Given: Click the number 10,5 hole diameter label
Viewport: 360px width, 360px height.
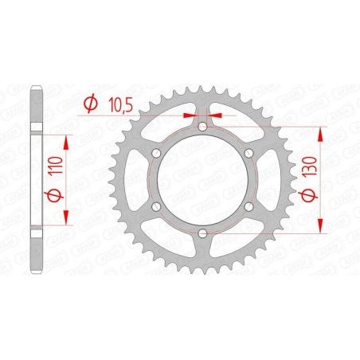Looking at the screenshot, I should pyautogui.click(x=115, y=103).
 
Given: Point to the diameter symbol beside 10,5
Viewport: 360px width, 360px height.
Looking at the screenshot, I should pyautogui.click(x=90, y=103).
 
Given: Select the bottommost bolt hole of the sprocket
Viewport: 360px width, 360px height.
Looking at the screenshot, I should pyautogui.click(x=202, y=233).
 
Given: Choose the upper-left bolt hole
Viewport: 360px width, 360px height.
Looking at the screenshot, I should pyautogui.click(x=157, y=154).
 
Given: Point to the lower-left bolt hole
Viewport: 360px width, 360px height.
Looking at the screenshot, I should pyautogui.click(x=157, y=206).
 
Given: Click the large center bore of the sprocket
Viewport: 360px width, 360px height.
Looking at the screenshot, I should pyautogui.click(x=202, y=180).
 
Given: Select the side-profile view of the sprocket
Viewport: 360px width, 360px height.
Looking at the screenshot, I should pyautogui.click(x=36, y=179).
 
